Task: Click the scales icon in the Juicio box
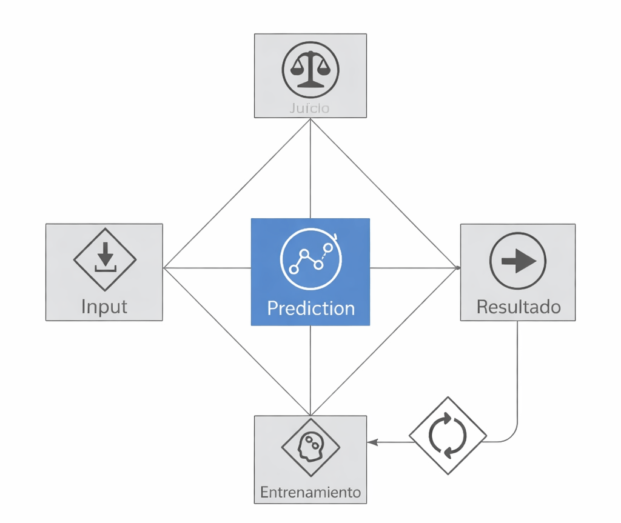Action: pyautogui.click(x=310, y=69)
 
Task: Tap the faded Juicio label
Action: pyautogui.click(x=310, y=108)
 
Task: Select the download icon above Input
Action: pyautogui.click(x=105, y=259)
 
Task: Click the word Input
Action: pyautogui.click(x=104, y=306)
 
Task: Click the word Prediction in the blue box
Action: pyautogui.click(x=310, y=308)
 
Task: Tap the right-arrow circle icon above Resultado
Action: pyautogui.click(x=517, y=261)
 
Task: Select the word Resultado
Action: pyautogui.click(x=518, y=307)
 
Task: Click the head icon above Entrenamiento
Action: pyautogui.click(x=310, y=447)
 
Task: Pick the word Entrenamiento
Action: pyautogui.click(x=310, y=491)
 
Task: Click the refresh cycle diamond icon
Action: pyautogui.click(x=448, y=435)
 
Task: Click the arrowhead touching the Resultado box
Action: pyautogui.click(x=456, y=267)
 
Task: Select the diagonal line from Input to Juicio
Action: pyautogui.click(x=237, y=193)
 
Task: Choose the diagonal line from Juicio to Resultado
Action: pyautogui.click(x=383, y=193)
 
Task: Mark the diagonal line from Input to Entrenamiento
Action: pyautogui.click(x=237, y=341)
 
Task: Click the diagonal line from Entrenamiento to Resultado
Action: pyautogui.click(x=383, y=341)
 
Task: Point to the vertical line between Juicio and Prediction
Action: pyautogui.click(x=310, y=168)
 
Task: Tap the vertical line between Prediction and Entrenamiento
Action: pyautogui.click(x=310, y=370)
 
